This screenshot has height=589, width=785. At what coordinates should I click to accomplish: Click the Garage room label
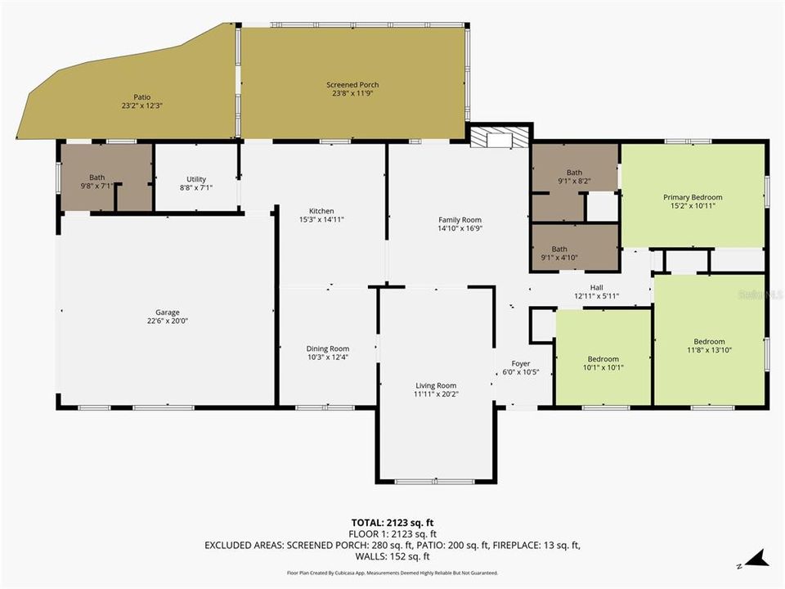click(168, 312)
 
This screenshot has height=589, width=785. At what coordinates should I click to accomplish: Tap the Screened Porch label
click(352, 85)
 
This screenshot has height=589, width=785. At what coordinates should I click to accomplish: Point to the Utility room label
click(196, 179)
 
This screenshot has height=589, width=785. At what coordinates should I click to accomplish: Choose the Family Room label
click(460, 219)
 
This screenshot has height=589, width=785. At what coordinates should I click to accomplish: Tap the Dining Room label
click(327, 348)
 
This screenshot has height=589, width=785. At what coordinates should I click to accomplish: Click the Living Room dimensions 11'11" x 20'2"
click(435, 394)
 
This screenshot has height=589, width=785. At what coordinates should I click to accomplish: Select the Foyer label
click(521, 363)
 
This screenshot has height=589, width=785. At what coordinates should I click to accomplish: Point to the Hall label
click(596, 287)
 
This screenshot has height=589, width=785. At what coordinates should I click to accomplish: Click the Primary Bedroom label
click(692, 197)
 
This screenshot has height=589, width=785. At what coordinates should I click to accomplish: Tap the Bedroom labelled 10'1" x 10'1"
click(603, 359)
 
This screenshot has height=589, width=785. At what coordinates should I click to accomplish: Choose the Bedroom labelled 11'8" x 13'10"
click(709, 341)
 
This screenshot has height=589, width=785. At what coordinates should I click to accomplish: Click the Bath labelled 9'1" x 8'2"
click(575, 172)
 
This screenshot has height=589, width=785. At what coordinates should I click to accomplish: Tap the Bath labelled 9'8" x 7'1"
click(97, 178)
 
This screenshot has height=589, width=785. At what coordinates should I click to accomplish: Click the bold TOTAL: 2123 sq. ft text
click(392, 521)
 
